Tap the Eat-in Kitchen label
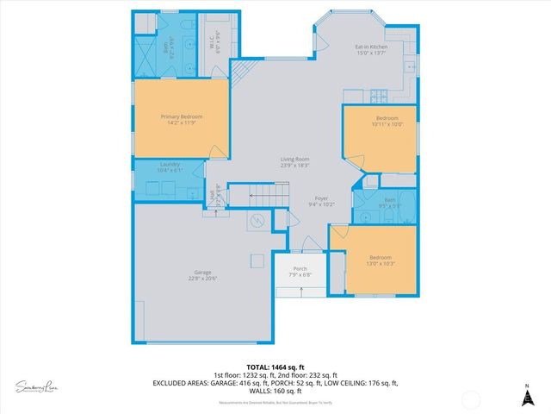point(372,47)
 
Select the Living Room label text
point(294,159)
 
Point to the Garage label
point(201,273)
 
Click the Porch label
point(300,268)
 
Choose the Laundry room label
point(169,165)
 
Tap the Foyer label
point(321,198)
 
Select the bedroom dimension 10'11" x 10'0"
point(387,123)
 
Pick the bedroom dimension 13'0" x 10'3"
point(380,263)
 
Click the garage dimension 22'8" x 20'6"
point(201,279)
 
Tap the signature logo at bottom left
point(37,386)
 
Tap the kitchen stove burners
point(375,93)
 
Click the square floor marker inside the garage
point(257,260)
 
